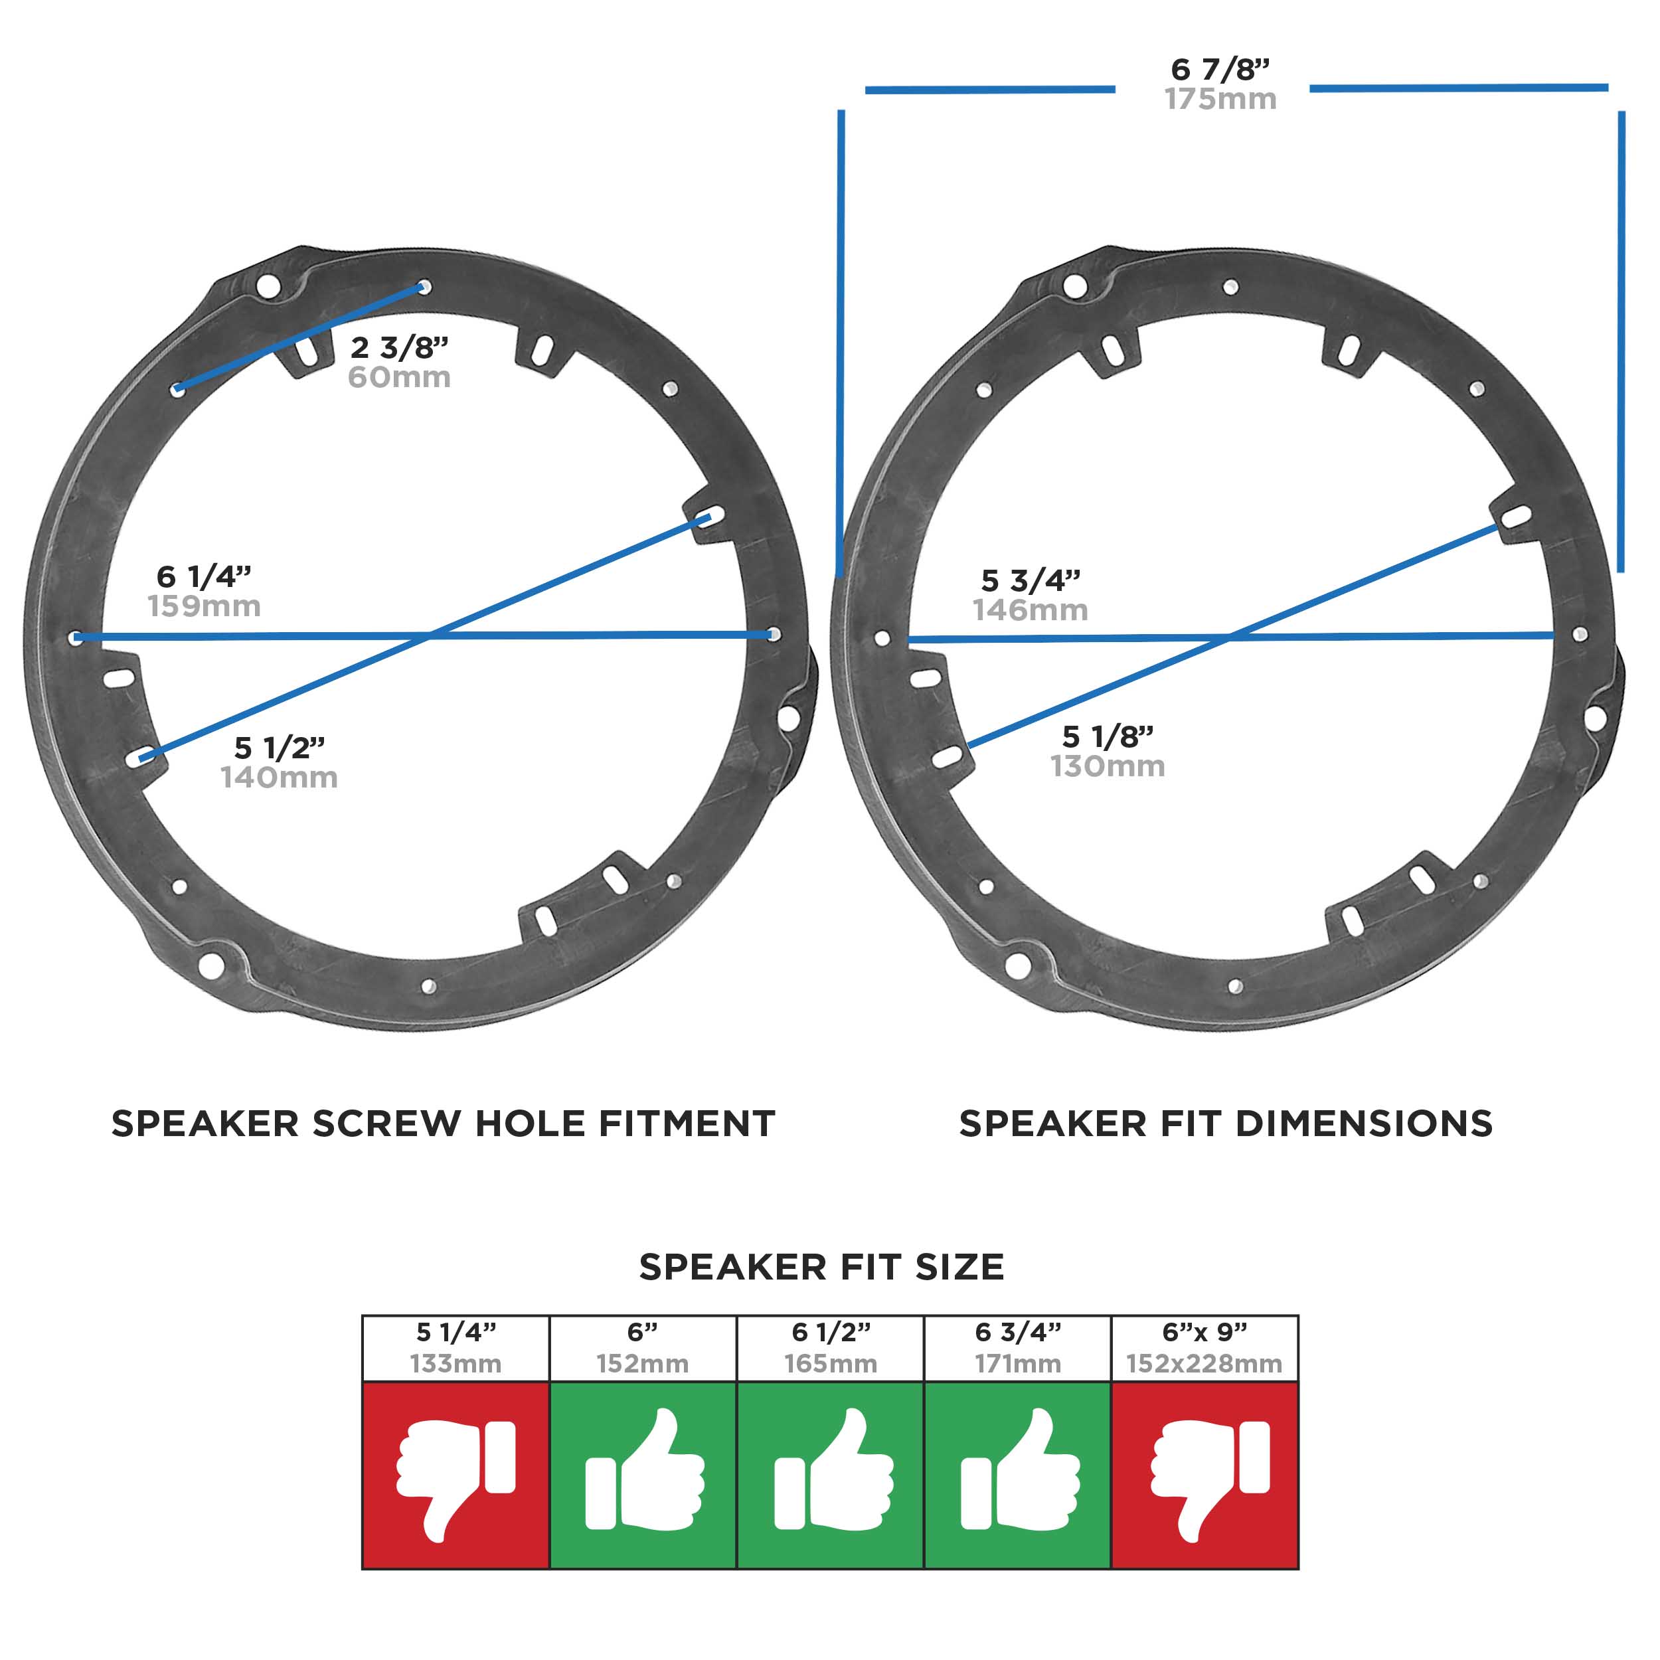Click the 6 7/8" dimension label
[1220, 69]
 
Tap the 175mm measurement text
[1220, 99]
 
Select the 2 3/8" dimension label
[400, 347]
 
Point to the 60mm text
[400, 377]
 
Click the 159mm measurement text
[205, 606]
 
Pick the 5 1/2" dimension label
[280, 748]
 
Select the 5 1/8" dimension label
[1108, 736]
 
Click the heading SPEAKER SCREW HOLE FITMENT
[444, 1124]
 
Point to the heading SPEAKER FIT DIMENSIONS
[1226, 1124]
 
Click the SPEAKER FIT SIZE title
[822, 1268]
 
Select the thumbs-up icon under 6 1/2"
[833, 1470]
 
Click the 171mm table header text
[1018, 1364]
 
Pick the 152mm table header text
[643, 1364]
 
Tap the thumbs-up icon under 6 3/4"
[1020, 1470]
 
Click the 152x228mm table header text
[1204, 1364]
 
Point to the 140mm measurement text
[280, 778]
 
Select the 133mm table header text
[456, 1364]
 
